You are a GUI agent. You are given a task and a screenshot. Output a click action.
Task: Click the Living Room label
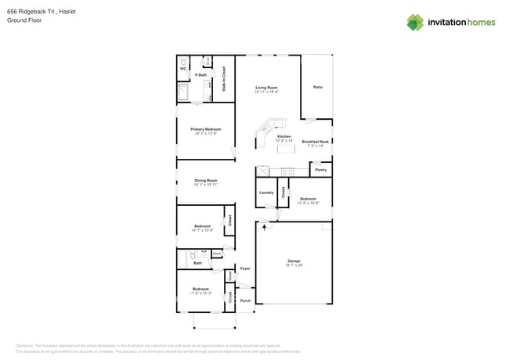pyautogui.click(x=266, y=88)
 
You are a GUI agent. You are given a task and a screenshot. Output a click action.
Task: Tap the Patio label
pyautogui.click(x=317, y=87)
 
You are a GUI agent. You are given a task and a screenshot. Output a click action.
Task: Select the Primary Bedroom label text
pyautogui.click(x=205, y=129)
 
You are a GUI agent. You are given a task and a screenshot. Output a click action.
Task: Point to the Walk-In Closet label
pyautogui.click(x=225, y=79)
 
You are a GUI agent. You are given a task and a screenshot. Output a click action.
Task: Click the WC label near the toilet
pyautogui.click(x=183, y=69)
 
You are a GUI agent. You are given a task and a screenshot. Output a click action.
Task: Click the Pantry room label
pyautogui.click(x=320, y=169)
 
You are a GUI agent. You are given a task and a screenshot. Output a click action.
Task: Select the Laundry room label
pyautogui.click(x=265, y=192)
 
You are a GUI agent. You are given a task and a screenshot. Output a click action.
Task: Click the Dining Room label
pyautogui.click(x=205, y=181)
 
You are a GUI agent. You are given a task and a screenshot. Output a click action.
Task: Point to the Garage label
pyautogui.click(x=294, y=261)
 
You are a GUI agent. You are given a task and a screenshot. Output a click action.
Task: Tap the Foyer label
pyautogui.click(x=244, y=268)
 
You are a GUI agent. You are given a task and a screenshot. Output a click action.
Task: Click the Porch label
pyautogui.click(x=245, y=300)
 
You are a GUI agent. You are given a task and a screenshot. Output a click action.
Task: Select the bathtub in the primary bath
pyautogui.click(x=182, y=93)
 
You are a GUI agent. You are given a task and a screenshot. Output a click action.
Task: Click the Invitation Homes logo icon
pyautogui.click(x=414, y=22)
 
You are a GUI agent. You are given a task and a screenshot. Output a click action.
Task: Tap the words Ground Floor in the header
pyautogui.click(x=24, y=20)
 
